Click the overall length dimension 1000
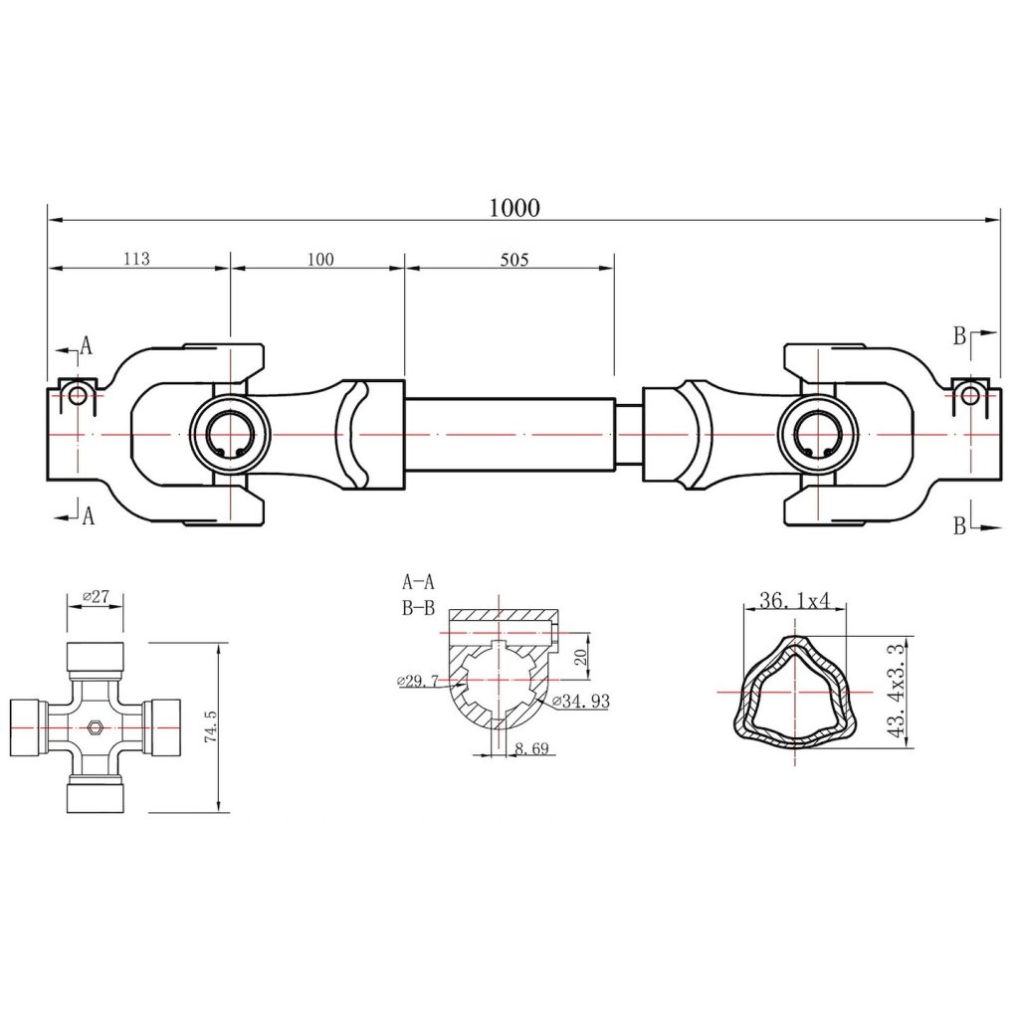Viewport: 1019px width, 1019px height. click(x=514, y=207)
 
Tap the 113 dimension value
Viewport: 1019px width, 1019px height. click(x=136, y=259)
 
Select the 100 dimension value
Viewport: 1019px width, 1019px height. click(x=320, y=260)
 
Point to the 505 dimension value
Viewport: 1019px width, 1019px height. click(x=513, y=260)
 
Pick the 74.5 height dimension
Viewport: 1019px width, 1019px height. click(x=209, y=725)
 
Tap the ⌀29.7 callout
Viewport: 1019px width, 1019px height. click(x=417, y=681)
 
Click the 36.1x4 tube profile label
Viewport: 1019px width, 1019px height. click(x=794, y=601)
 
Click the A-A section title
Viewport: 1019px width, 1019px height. click(x=418, y=581)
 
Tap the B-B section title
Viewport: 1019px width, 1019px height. click(x=418, y=608)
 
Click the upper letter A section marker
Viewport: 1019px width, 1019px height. click(x=87, y=345)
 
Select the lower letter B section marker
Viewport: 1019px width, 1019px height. click(x=959, y=526)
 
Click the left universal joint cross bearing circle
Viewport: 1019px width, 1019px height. click(x=230, y=436)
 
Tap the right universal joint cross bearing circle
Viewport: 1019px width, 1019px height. click(x=818, y=436)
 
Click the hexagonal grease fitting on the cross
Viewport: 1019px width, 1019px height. click(x=95, y=726)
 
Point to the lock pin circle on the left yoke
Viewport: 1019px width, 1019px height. click(x=78, y=395)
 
